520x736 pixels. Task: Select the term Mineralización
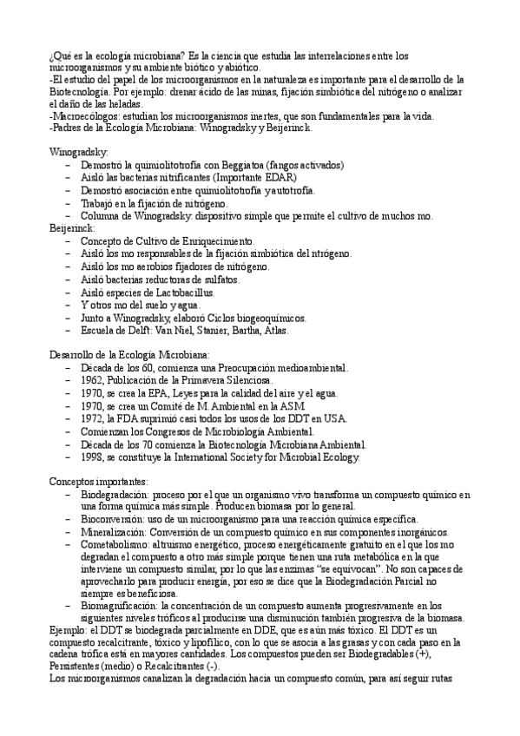coord(114,531)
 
